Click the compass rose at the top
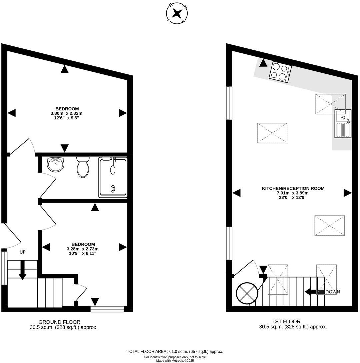(x=177, y=13)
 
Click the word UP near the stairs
(x=22, y=252)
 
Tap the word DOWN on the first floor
(x=333, y=292)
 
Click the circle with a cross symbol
(x=247, y=293)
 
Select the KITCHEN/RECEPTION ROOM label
(x=293, y=189)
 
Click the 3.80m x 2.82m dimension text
(x=67, y=113)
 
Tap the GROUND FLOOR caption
(x=59, y=322)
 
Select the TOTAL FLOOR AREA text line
(x=175, y=351)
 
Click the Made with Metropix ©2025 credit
(x=175, y=360)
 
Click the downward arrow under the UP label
(x=22, y=270)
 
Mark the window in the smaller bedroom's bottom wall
(x=107, y=309)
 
